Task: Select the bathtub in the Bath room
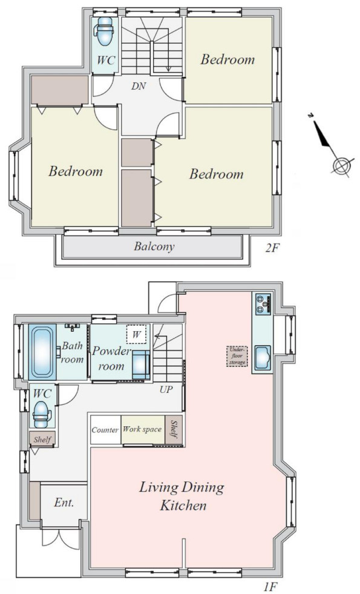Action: point(42,352)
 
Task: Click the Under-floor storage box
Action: point(237,356)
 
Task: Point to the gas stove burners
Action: point(263,304)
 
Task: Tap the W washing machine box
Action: point(137,334)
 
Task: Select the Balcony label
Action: point(154,246)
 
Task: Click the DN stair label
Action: point(139,87)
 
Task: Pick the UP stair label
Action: point(166,389)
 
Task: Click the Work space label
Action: point(142,429)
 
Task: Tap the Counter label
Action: point(105,430)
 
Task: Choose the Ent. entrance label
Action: point(64,503)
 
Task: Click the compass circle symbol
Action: point(341,165)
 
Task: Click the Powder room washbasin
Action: point(140,365)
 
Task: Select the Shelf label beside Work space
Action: point(174,429)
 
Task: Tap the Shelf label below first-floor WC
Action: point(42,440)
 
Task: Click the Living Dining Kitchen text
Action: point(182,496)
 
